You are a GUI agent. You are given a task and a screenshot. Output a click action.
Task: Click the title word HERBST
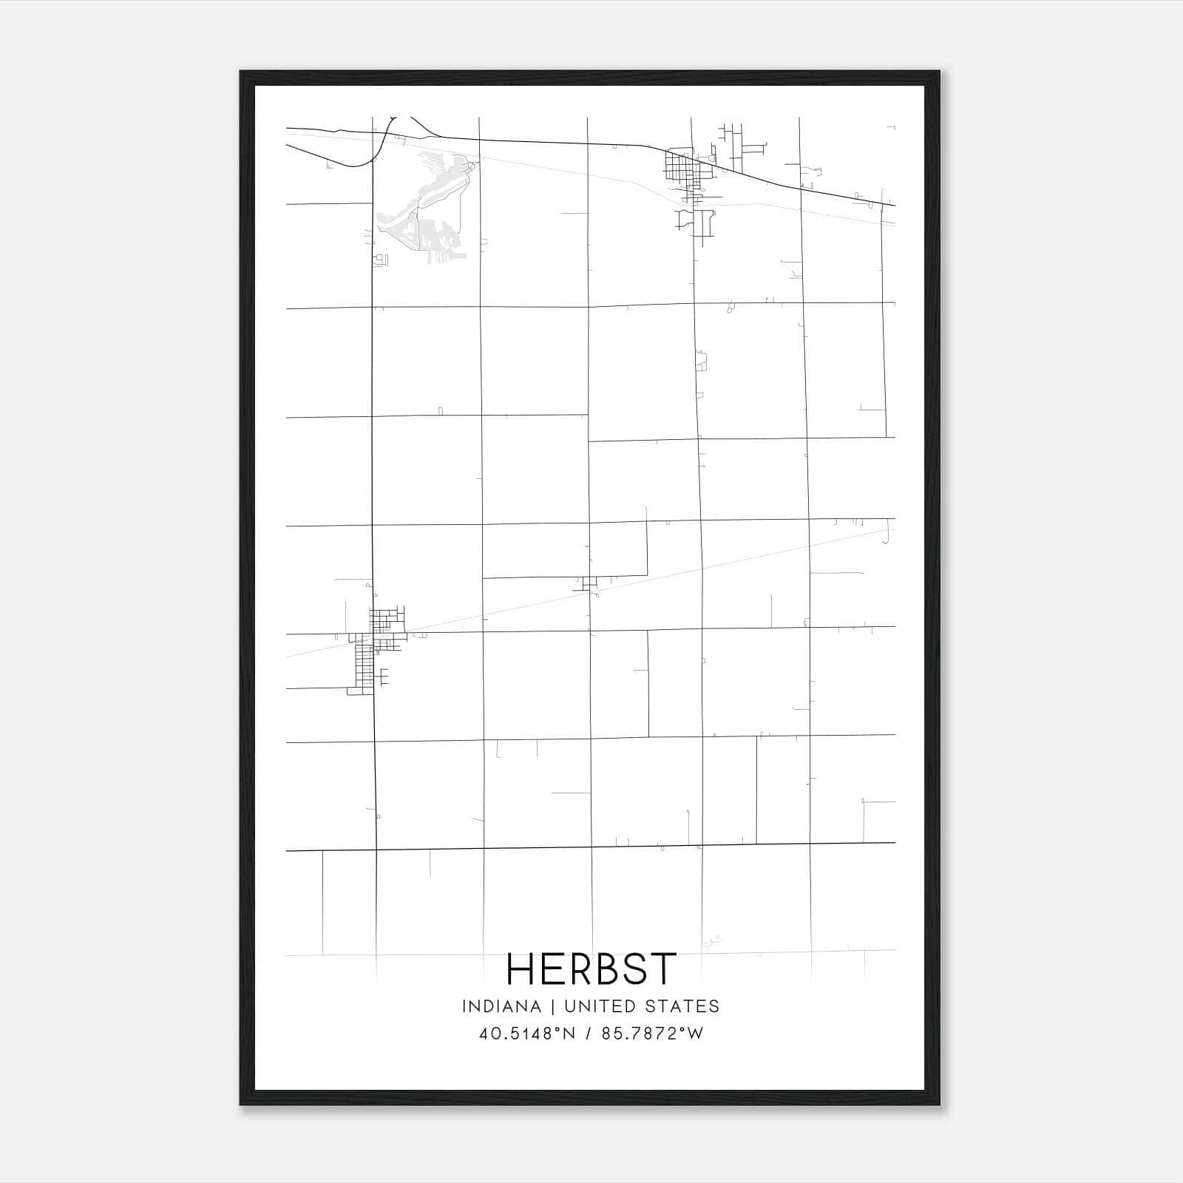click(591, 969)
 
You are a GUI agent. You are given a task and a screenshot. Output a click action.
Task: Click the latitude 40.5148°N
click(526, 1034)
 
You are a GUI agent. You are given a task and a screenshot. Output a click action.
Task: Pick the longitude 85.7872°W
click(653, 1034)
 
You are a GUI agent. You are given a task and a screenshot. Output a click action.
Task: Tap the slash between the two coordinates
click(588, 1034)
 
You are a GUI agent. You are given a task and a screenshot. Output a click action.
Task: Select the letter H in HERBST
click(521, 969)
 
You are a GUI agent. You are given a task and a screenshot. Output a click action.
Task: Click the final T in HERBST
click(662, 969)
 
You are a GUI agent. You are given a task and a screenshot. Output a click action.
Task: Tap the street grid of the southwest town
click(377, 643)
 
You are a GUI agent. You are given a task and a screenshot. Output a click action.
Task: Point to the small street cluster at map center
click(589, 583)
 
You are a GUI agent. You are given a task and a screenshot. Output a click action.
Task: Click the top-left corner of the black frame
click(242, 72)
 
